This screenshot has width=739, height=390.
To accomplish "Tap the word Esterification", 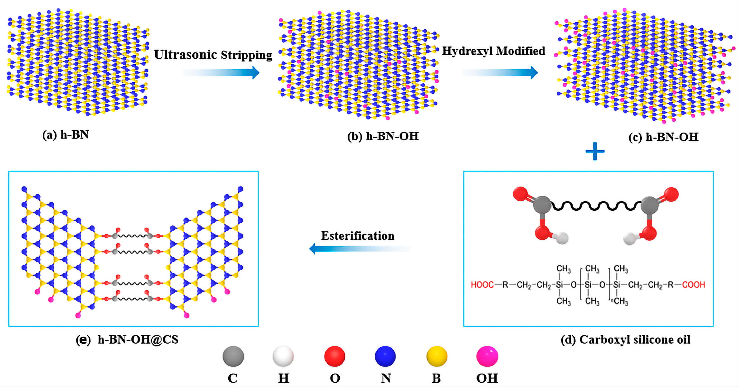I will [357, 236].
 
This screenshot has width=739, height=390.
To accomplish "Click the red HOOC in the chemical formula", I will [482, 285].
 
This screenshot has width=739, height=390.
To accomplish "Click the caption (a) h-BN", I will [66, 135].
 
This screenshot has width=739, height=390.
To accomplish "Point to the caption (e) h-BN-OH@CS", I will [127, 339].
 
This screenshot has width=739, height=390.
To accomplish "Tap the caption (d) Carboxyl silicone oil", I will [625, 339].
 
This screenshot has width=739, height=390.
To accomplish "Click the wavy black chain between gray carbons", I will [596, 206].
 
